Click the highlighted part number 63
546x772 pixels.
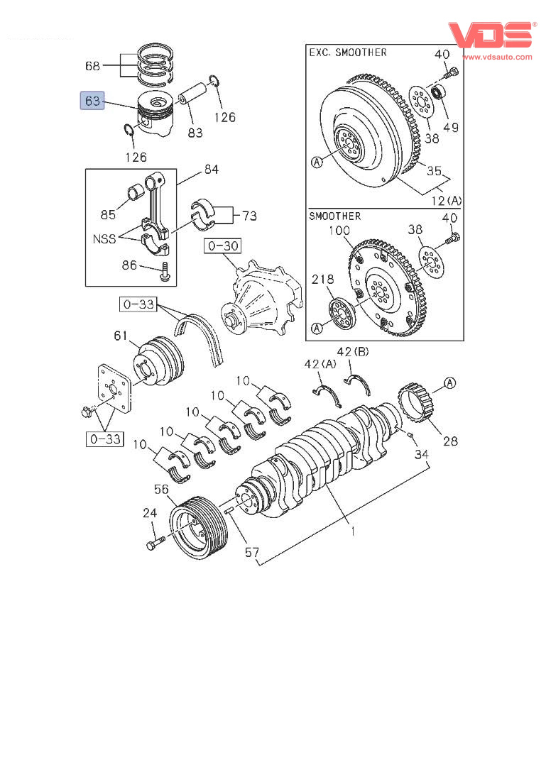point(92,101)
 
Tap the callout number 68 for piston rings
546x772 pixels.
point(92,66)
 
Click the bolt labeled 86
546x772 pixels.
point(165,272)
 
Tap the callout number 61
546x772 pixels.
point(121,336)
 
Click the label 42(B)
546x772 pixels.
point(353,352)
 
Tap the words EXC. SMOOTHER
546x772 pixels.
point(348,53)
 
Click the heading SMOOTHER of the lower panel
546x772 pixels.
point(335,216)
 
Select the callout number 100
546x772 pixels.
point(339,230)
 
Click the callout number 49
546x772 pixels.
point(450,128)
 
